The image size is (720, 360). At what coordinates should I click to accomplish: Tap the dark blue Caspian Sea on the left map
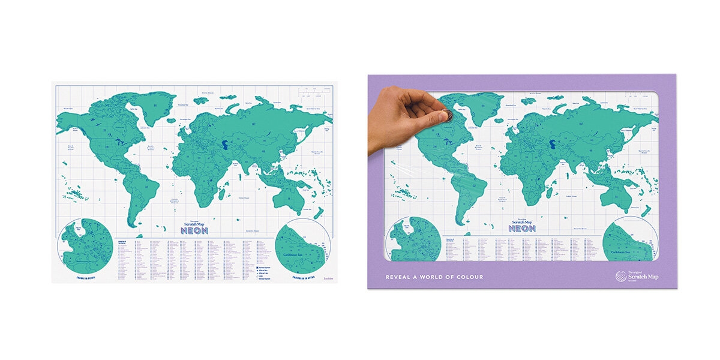point(224,144)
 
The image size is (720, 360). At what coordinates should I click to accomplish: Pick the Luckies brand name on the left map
point(328,278)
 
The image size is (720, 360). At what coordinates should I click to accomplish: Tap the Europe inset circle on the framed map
point(416,238)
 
